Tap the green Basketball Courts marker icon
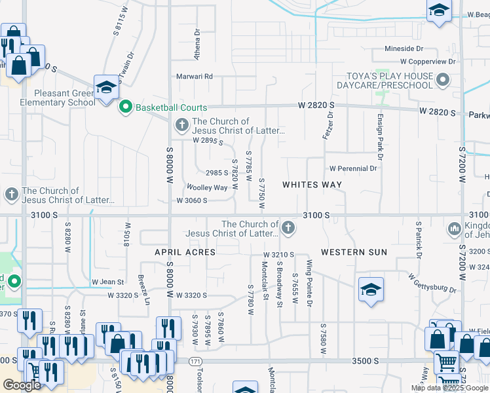[125, 107]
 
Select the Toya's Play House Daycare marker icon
[443, 81]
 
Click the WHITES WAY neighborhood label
[312, 185]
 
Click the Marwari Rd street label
[195, 76]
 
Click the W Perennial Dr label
[353, 168]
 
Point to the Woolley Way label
[207, 187]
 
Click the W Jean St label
[108, 282]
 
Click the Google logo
[22, 385]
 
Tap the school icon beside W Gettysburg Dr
[371, 291]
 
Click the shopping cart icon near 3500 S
[446, 362]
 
